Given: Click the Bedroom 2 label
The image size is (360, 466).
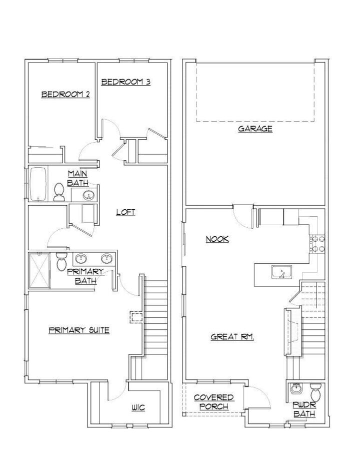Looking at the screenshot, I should [65, 94].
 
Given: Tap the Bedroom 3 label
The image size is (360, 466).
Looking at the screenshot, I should [126, 82].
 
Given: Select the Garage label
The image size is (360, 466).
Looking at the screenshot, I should [255, 129].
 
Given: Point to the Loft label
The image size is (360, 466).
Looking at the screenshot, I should [125, 212].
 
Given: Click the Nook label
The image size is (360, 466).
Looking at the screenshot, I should [217, 239].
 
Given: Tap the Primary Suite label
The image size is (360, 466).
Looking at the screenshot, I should [79, 330].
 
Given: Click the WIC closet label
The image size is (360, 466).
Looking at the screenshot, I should [138, 408].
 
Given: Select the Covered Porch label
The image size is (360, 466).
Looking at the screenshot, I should [213, 402].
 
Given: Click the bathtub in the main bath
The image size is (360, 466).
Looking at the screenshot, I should [38, 184].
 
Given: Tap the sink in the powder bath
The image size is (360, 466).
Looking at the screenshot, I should [296, 388].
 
